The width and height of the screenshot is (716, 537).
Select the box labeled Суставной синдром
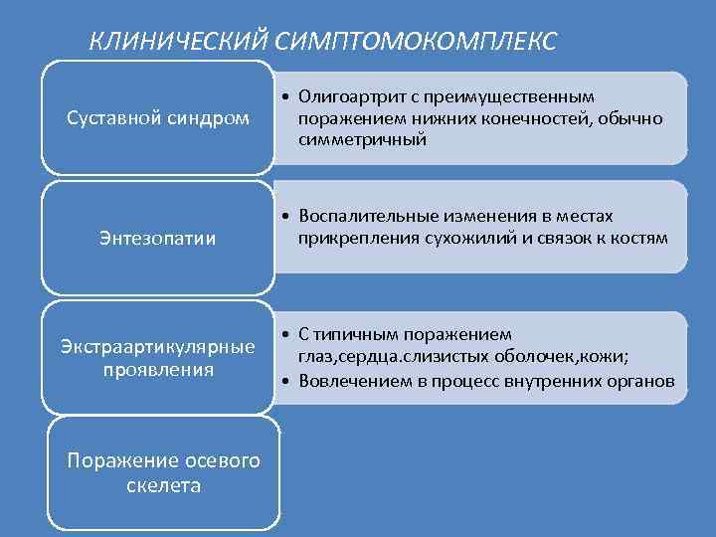[157, 117]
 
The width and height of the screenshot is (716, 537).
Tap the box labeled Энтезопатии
[157, 238]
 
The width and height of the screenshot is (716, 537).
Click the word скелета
[164, 485]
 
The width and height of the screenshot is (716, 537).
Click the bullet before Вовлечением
[284, 382]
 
